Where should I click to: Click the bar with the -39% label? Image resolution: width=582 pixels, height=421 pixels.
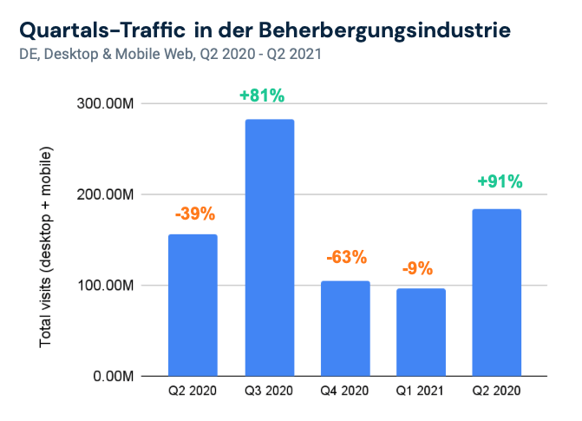point(193,305)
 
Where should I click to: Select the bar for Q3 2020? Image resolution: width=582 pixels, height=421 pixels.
point(269,247)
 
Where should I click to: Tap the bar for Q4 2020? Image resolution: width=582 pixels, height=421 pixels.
point(345,328)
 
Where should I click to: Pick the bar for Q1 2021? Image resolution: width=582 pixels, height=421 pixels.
point(421,332)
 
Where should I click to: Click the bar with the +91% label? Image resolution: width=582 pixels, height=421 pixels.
point(497,293)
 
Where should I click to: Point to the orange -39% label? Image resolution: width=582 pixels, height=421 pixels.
point(193,214)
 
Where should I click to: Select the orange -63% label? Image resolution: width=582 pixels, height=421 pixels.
point(346,258)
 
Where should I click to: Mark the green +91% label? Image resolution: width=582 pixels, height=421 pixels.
point(500,182)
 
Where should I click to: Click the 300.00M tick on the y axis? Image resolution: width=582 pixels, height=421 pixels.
point(105,104)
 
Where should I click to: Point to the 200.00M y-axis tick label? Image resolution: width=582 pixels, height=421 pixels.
point(105,194)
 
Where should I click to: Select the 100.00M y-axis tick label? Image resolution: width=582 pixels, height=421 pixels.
point(105,286)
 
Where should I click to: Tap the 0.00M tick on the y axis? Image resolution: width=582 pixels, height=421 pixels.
point(111,377)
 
